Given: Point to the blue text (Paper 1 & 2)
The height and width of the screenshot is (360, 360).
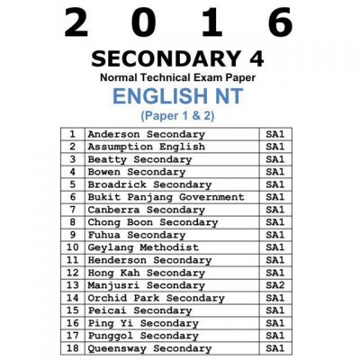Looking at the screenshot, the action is coord(179,116).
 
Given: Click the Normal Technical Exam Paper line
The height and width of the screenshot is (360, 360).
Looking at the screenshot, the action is coord(179,77).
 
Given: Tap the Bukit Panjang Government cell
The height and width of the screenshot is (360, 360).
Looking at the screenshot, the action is coord(166,197).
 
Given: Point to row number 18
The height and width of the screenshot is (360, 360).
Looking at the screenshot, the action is coord(71,348).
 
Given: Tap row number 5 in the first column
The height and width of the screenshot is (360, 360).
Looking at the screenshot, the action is coord(71,184).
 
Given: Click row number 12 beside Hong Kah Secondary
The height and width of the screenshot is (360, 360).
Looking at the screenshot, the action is coord(71,273).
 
